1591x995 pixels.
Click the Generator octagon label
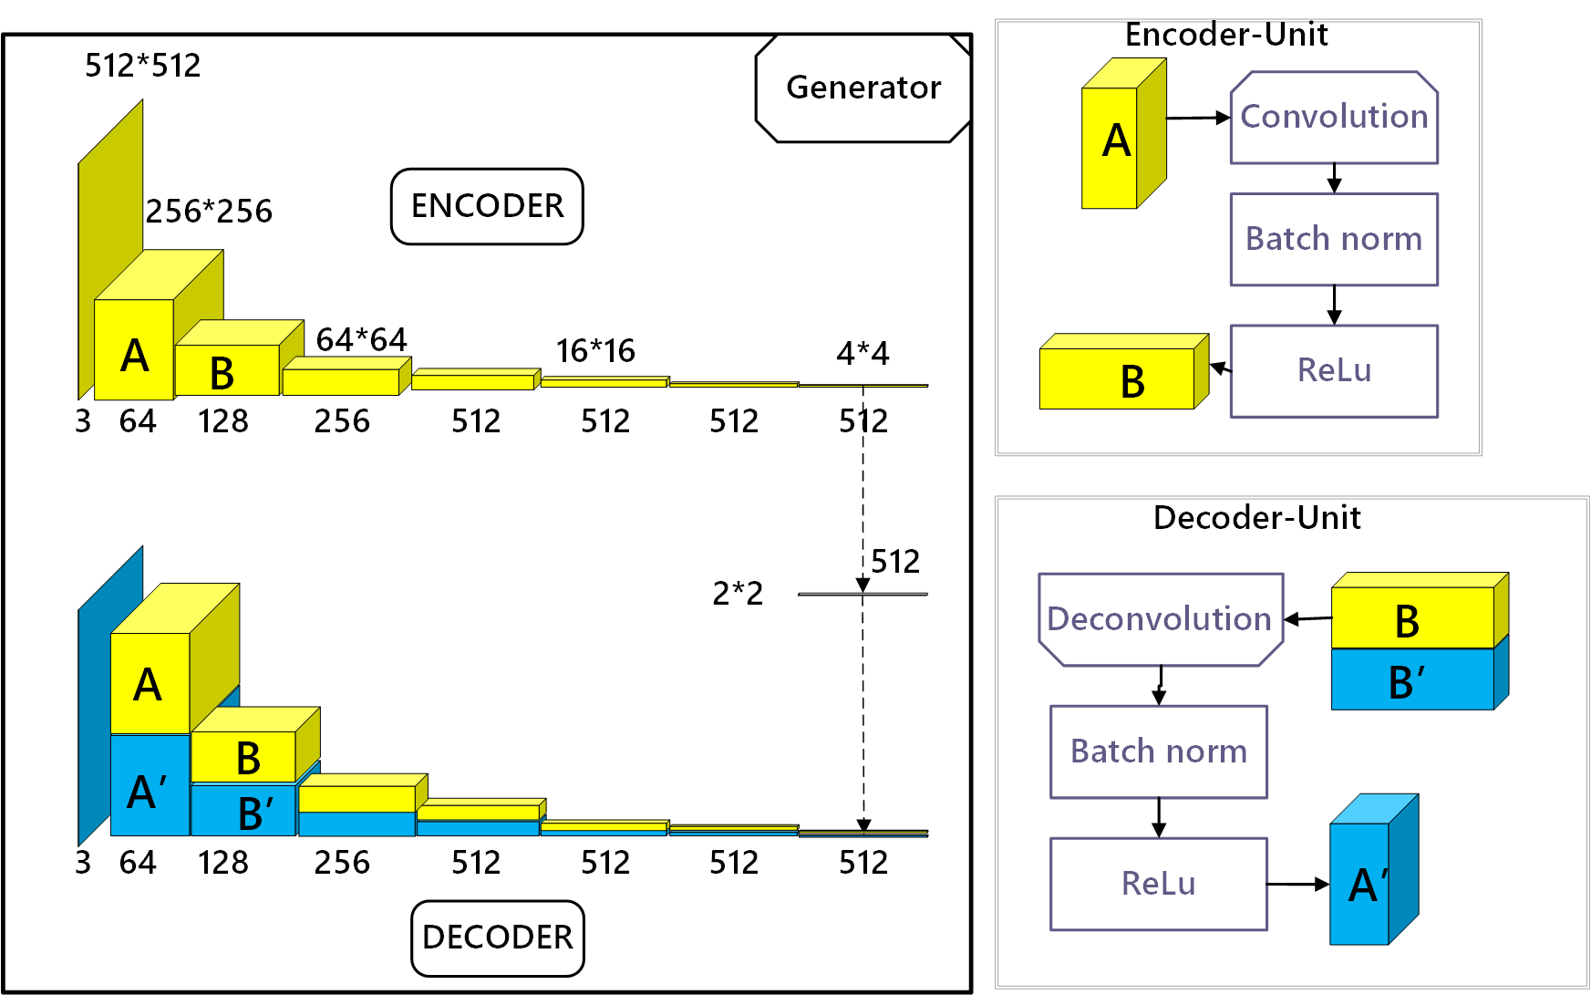(x=863, y=88)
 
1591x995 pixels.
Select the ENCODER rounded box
(x=487, y=206)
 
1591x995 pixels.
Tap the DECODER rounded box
(x=497, y=938)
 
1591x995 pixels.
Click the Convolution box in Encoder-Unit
(x=1334, y=118)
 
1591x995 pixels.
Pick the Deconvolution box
(x=1160, y=619)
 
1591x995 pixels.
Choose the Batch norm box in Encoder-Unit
(x=1334, y=239)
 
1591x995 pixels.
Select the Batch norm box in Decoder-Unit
(x=1158, y=751)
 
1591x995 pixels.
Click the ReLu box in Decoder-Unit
(x=1158, y=884)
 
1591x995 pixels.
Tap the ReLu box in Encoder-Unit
(x=1334, y=371)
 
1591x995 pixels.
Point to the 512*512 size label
(x=142, y=66)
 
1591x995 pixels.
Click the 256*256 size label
(x=209, y=212)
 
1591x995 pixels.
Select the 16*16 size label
(x=595, y=351)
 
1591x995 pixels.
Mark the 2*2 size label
(x=738, y=594)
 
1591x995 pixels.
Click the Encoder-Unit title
(x=1225, y=35)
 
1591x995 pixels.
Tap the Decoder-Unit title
(x=1256, y=518)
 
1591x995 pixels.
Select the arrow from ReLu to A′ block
(x=1298, y=884)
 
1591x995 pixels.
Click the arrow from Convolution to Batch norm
(x=1334, y=178)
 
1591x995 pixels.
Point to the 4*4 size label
(x=863, y=353)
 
